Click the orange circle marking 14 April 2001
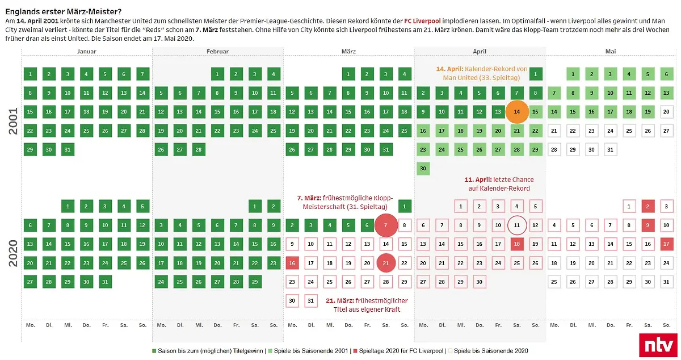[516, 112]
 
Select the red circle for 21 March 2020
[386, 263]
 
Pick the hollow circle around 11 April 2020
[516, 225]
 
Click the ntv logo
[657, 345]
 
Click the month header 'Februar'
[217, 51]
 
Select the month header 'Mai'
[611, 51]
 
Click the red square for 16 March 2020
[292, 263]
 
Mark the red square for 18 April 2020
[516, 244]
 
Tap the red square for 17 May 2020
[667, 244]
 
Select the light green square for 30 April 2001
[423, 169]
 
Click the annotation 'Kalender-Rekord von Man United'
[482, 73]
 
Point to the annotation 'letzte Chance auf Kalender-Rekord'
[498, 183]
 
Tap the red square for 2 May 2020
[648, 206]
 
